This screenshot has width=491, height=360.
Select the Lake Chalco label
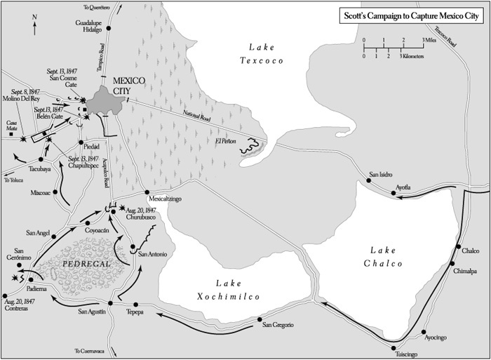click(384, 257)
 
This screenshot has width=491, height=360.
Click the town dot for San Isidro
click(369, 181)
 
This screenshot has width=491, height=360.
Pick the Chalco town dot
click(460, 251)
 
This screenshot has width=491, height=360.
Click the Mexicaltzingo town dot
click(147, 192)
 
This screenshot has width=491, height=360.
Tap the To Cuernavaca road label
click(89, 350)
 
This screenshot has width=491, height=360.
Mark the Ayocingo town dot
click(424, 331)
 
